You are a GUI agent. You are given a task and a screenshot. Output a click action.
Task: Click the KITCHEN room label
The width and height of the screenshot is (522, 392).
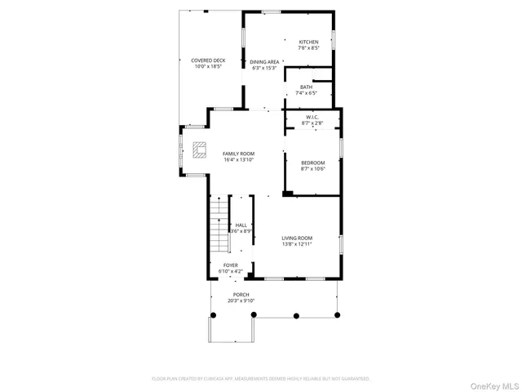[x=308, y=42]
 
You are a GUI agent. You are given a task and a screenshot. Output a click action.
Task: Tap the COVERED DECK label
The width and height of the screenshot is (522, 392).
[x=208, y=60]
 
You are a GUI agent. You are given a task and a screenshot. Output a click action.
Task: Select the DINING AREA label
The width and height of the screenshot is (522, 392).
[x=264, y=62]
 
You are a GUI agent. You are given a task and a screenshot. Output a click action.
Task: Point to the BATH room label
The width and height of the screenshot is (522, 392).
[x=306, y=87]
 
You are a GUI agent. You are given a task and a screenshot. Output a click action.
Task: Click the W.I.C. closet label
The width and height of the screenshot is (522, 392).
[x=312, y=118]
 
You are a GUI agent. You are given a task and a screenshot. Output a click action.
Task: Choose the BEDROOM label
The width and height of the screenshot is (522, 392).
[x=312, y=163]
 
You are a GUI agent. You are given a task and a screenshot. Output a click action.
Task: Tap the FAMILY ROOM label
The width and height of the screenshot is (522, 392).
[x=239, y=154]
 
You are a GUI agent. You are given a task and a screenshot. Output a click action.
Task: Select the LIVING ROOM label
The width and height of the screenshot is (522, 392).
[x=297, y=238]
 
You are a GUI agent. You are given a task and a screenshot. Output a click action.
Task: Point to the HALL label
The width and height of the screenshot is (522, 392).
[x=241, y=225]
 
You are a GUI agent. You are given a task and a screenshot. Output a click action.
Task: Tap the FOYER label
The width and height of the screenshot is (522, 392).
[x=231, y=265]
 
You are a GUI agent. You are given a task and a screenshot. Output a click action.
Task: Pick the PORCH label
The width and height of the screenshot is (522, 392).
[x=241, y=294]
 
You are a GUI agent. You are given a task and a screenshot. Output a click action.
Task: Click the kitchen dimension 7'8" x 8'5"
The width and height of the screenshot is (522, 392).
[x=308, y=48]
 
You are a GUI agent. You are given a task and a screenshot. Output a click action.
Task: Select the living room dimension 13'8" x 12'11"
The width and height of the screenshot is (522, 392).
[x=297, y=244]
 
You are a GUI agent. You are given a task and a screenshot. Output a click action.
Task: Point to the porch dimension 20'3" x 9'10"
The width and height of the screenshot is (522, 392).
[x=241, y=301]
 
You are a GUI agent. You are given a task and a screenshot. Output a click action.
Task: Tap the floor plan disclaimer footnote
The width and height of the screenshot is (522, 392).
[x=261, y=379]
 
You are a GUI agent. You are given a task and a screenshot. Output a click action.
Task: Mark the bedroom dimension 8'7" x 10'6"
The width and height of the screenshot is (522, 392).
[x=312, y=169]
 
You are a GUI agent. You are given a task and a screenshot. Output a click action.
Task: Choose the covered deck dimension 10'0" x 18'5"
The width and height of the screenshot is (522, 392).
[x=208, y=67]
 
